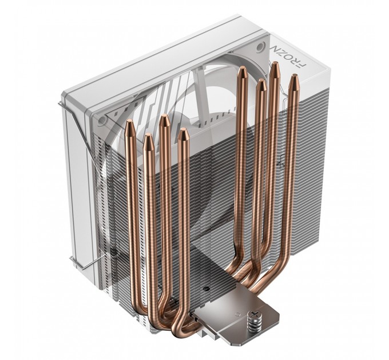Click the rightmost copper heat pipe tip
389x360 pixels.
coord(294,80)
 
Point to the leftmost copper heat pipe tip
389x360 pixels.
coord(129,125)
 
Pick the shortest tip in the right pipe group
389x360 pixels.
coord(261,85)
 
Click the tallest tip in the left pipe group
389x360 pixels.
coord(164,120)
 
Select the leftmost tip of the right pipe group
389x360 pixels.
coord(243,72)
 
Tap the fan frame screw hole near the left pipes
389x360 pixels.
coord(102,121)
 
